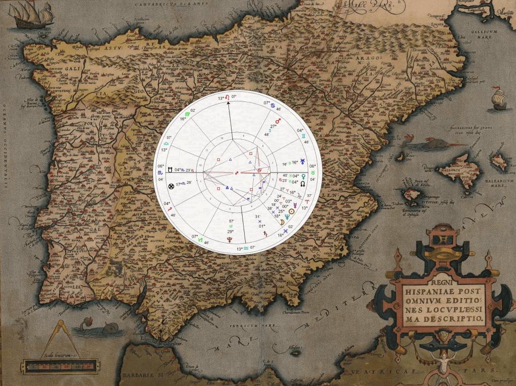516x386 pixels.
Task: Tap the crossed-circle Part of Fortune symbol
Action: pos(170,186)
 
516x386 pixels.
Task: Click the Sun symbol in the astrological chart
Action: pos(291,212)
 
